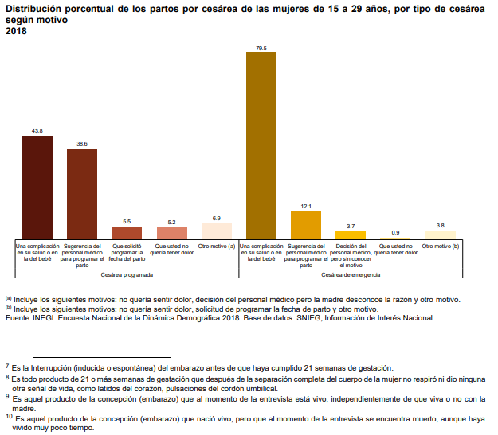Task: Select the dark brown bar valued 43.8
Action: [37, 188]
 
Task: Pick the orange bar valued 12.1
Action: [306, 225]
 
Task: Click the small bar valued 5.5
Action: [127, 233]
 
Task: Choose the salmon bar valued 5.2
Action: [172, 234]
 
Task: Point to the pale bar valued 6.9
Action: [217, 231]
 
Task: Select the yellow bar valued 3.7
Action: [351, 235]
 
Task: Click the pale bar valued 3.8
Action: [441, 235]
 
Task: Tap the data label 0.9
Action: [396, 232]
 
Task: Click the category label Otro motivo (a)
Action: [217, 247]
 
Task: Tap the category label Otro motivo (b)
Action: [441, 247]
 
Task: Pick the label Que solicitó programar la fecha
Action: [127, 253]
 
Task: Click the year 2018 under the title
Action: [15, 30]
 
